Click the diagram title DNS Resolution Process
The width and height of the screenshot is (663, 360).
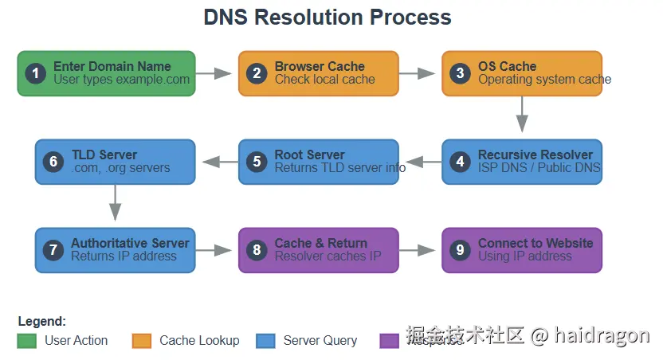(x=328, y=17)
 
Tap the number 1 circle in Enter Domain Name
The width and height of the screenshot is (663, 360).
(x=35, y=74)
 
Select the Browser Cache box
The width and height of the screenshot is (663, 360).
(x=318, y=73)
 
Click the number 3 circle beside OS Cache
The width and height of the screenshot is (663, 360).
(x=460, y=74)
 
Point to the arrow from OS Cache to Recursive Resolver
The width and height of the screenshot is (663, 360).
(x=522, y=113)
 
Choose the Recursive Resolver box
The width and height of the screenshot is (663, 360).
(x=522, y=162)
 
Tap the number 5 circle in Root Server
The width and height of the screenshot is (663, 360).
(x=257, y=162)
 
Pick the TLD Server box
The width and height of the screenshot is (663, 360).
(x=115, y=162)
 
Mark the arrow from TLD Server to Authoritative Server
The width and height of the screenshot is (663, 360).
(x=115, y=202)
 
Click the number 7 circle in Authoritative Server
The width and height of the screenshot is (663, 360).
(x=53, y=250)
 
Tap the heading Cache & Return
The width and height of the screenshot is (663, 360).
(x=321, y=243)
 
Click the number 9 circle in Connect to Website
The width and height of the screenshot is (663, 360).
(x=460, y=250)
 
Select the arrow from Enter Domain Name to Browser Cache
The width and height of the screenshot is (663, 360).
(x=213, y=74)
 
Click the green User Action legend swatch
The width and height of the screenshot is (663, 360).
(x=27, y=341)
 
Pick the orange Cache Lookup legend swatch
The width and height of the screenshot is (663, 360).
(x=142, y=341)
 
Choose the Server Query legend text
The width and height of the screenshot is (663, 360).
(x=320, y=341)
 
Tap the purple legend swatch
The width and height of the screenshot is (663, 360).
(x=390, y=341)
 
